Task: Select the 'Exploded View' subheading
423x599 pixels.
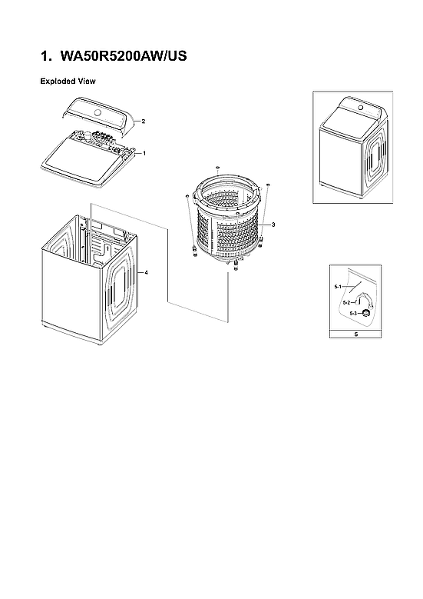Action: click(x=68, y=80)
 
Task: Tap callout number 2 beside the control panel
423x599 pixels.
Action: click(x=143, y=121)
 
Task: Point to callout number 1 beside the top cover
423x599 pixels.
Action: click(x=144, y=153)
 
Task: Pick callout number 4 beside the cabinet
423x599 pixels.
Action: click(x=146, y=273)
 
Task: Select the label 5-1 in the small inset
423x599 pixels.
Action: click(x=338, y=286)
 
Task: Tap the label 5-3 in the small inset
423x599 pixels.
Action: click(x=353, y=314)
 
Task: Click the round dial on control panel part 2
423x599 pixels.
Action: click(x=97, y=113)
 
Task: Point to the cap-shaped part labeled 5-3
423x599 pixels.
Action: click(x=366, y=312)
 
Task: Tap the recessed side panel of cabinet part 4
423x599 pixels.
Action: click(x=121, y=289)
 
